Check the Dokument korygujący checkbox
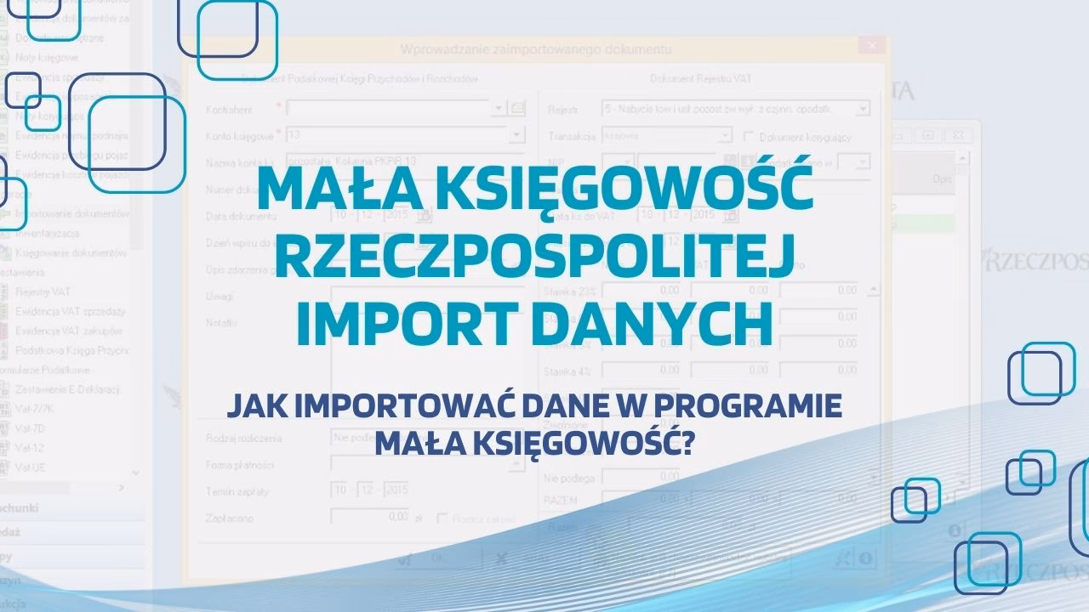click(x=750, y=136)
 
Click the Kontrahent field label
click(x=229, y=110)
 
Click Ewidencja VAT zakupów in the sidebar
click(x=68, y=331)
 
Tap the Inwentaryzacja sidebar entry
click(x=48, y=233)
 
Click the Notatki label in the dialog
click(x=221, y=323)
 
